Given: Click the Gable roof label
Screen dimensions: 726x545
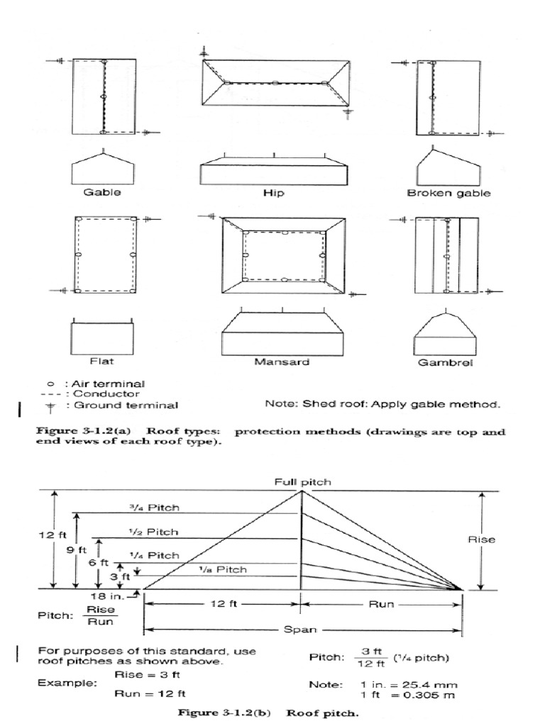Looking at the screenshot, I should pos(102,192).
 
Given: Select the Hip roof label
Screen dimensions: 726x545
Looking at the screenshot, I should pos(274,192).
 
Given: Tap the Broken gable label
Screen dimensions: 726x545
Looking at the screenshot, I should pos(448,192).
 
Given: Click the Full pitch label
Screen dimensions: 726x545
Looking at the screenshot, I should pos(303,481).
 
